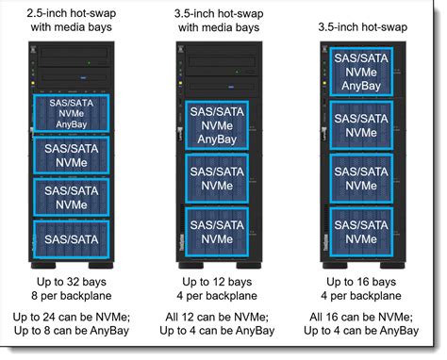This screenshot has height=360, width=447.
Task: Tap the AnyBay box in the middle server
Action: pos(222,122)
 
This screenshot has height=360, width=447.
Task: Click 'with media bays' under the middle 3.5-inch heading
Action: pos(222,30)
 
